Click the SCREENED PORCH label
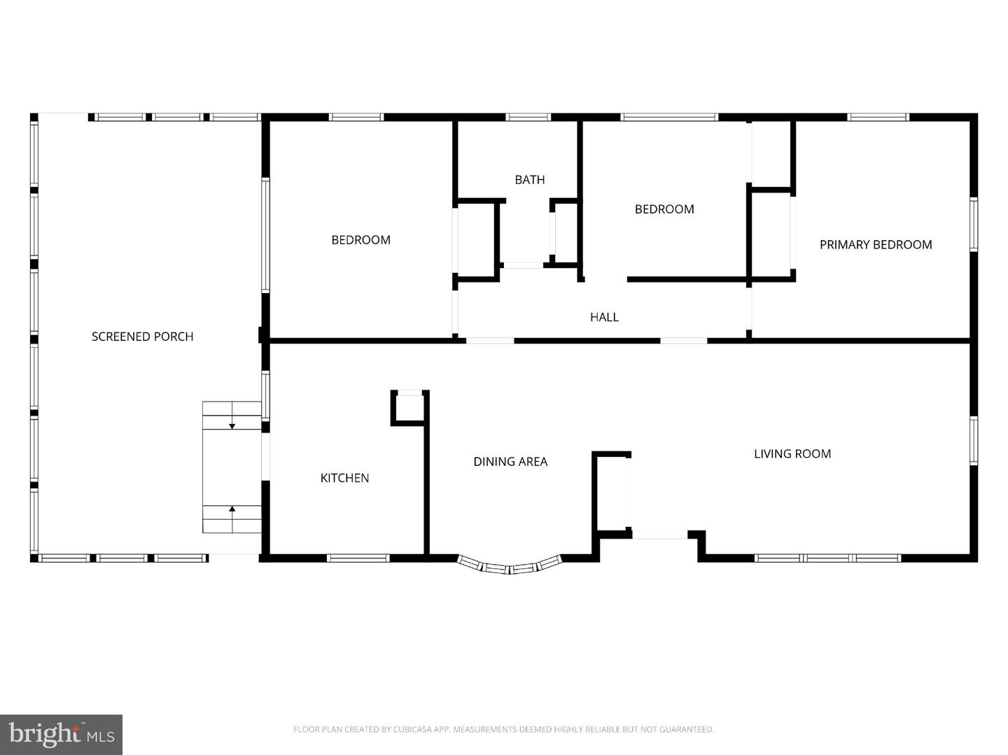tap(142, 337)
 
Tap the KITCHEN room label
tap(344, 478)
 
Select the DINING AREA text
tap(510, 461)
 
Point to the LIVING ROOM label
tap(792, 453)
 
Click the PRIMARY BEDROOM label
tap(876, 245)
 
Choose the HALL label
tap(604, 317)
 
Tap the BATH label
tap(529, 179)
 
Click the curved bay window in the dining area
tap(510, 569)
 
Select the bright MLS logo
tap(61, 735)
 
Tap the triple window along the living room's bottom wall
tap(827, 558)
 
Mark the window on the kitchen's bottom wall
tap(358, 558)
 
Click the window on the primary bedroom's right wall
tap(973, 225)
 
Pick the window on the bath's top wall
tap(528, 117)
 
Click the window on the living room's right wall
tap(973, 441)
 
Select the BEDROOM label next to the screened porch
tap(361, 239)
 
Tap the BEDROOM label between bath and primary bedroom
tap(664, 209)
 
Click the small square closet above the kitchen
tap(409, 408)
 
